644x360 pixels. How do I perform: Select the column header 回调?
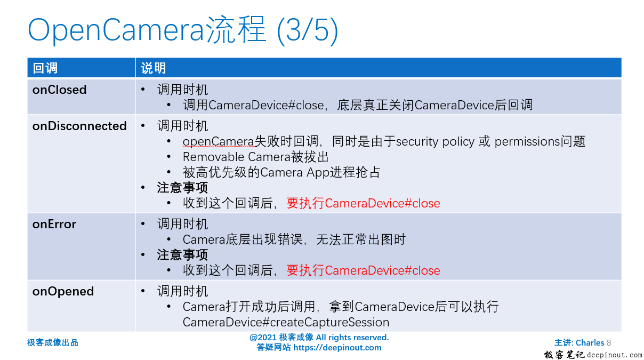45,68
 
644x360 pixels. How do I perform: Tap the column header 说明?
154,68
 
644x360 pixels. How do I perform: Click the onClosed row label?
59,90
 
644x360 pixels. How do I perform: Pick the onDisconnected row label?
79,126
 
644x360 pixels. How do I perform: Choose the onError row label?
54,224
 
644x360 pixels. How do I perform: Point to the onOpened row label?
63,291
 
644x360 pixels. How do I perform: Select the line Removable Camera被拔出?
256,157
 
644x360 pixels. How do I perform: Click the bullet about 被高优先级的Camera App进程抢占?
281,172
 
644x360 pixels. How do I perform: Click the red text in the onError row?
364,270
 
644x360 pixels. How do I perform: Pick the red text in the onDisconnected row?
364,203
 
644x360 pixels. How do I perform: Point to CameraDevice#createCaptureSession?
286,322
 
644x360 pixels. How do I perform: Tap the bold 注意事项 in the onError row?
182,255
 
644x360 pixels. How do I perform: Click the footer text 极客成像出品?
53,342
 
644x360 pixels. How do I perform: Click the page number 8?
609,343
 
